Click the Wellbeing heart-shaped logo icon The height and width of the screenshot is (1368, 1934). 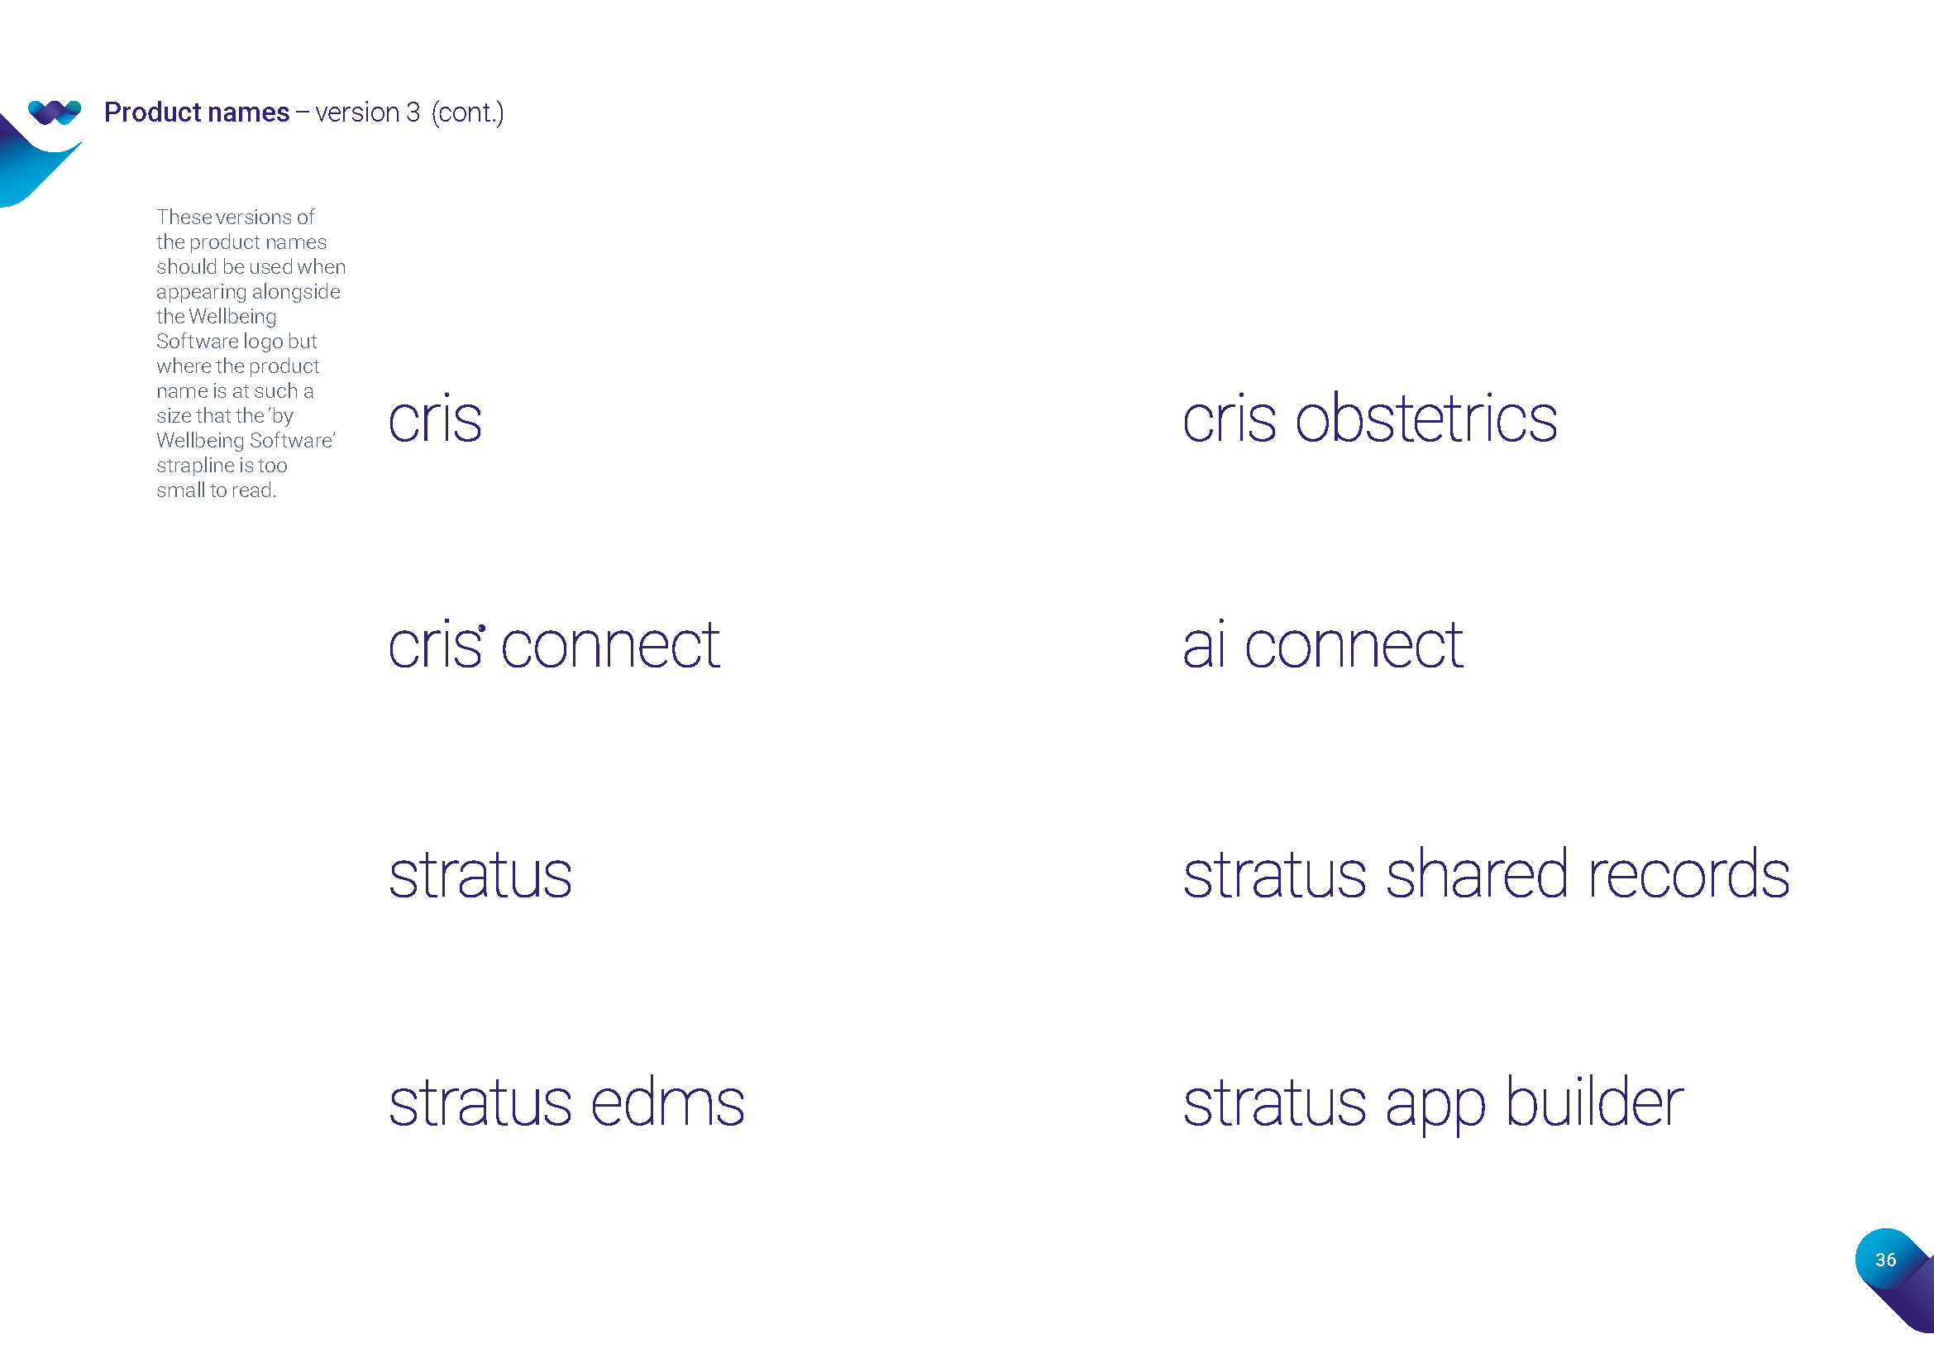pyautogui.click(x=55, y=112)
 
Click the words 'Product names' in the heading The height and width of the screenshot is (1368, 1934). pyautogui.click(x=196, y=112)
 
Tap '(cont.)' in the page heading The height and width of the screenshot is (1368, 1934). pyautogui.click(x=467, y=112)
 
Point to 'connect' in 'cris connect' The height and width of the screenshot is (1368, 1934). pyautogui.click(x=611, y=645)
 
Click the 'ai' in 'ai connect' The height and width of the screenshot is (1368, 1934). pyautogui.click(x=1204, y=643)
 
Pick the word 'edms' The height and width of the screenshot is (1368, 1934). pyautogui.click(x=668, y=1101)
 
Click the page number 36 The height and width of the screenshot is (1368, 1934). pyautogui.click(x=1886, y=1260)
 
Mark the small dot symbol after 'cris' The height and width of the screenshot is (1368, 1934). pyautogui.click(x=482, y=628)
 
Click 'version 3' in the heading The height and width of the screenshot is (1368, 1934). pyautogui.click(x=367, y=112)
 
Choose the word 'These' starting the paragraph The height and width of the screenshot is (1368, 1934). pyautogui.click(x=184, y=218)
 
